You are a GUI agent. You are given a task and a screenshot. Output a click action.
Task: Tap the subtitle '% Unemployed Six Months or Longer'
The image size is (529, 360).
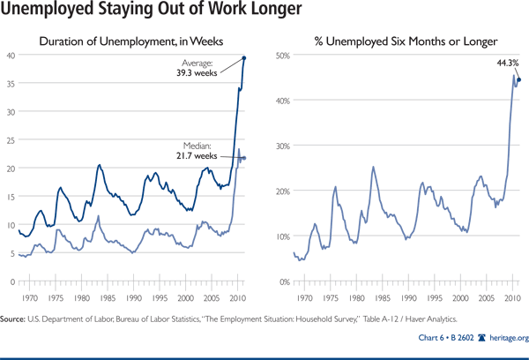click(x=399, y=40)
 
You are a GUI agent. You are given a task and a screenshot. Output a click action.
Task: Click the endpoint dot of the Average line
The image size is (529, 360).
click(x=244, y=58)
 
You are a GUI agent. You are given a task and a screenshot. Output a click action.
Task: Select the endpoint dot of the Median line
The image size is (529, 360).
click(x=244, y=158)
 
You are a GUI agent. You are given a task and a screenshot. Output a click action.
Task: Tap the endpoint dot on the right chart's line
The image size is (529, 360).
click(x=519, y=79)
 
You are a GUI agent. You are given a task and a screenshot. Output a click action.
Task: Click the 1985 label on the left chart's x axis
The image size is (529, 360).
click(x=105, y=298)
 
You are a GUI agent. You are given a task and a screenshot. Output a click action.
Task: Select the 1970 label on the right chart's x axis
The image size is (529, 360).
click(x=308, y=298)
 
